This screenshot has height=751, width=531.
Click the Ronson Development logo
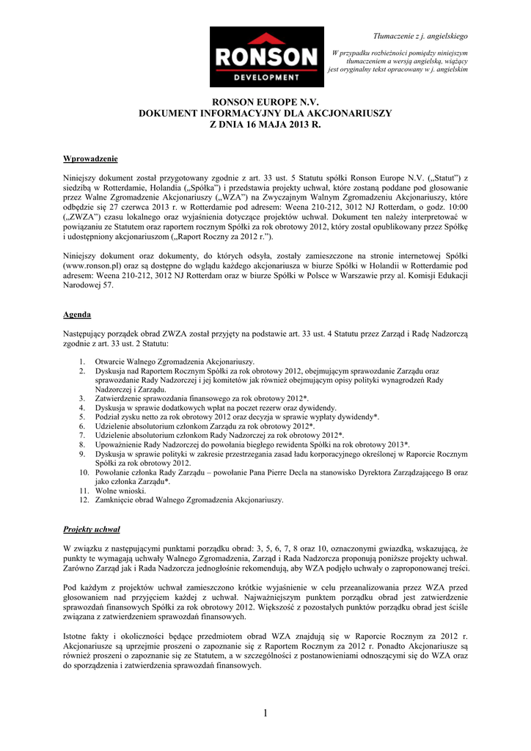tap(266, 56)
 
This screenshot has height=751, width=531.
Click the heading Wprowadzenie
tap(90, 158)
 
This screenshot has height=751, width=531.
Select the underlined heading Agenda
tap(77, 314)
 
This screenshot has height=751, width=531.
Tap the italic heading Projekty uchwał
tap(92, 528)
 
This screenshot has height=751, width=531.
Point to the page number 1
tap(265, 712)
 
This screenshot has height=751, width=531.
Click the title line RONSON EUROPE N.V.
tap(265, 103)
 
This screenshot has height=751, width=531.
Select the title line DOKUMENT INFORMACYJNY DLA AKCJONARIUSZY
tap(265, 114)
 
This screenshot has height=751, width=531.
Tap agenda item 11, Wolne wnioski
tap(121, 491)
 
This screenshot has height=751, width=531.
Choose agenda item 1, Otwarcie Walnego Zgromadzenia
tap(175, 362)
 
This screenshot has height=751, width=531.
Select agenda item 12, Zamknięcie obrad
tap(188, 500)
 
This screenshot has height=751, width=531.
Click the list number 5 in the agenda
tap(82, 417)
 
